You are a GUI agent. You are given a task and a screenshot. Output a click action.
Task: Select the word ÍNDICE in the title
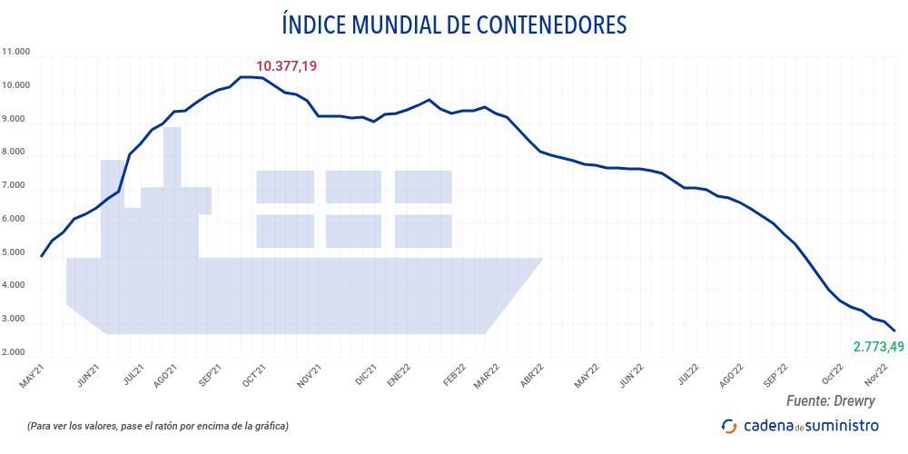click(x=312, y=25)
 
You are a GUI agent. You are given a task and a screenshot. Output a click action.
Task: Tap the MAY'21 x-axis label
click(x=32, y=376)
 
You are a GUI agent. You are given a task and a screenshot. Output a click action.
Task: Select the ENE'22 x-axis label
click(x=399, y=376)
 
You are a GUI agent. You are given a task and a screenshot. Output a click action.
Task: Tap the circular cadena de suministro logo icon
click(x=729, y=426)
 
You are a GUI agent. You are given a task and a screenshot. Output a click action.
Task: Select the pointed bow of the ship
click(x=536, y=263)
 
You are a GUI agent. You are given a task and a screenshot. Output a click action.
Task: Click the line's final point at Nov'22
click(x=894, y=331)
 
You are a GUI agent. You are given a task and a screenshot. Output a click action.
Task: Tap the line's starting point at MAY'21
click(x=42, y=256)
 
